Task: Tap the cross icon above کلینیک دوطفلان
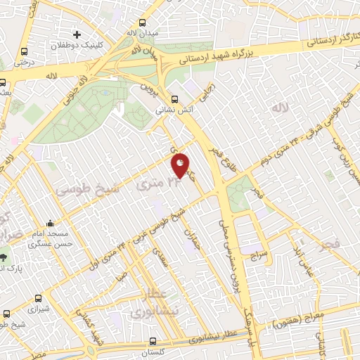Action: tap(77, 34)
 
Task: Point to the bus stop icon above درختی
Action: tap(25, 51)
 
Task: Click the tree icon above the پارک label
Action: tap(4, 257)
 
